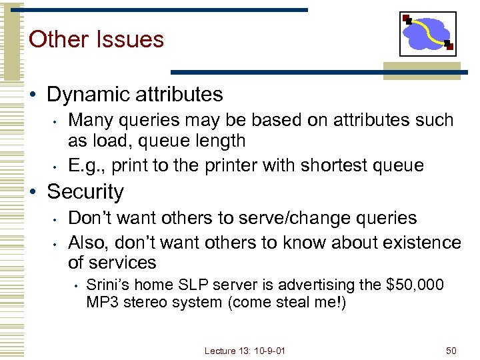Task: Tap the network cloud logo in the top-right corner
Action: coord(427,33)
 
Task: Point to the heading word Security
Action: coord(85,192)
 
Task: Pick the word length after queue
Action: coord(214,141)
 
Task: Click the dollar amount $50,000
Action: coord(415,285)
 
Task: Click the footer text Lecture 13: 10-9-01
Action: coord(245,349)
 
